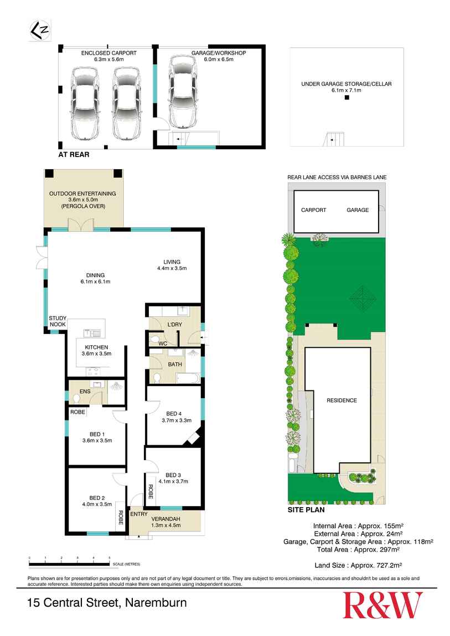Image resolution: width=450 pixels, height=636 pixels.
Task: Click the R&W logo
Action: (x=382, y=605)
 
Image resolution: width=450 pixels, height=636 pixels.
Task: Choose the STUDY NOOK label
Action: (x=58, y=321)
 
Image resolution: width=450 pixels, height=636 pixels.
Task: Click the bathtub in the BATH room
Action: (x=187, y=378)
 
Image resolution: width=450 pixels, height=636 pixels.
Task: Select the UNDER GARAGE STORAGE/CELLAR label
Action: (x=346, y=87)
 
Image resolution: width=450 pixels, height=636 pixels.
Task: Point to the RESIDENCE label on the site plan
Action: (x=342, y=400)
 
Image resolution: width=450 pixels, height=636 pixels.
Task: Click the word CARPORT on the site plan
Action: (x=313, y=210)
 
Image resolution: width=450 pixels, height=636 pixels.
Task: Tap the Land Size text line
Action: (x=358, y=565)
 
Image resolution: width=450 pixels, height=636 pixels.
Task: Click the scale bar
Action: (x=69, y=564)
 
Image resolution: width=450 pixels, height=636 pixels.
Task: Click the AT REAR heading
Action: (x=74, y=155)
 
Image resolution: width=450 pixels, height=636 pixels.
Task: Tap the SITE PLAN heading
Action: (x=306, y=510)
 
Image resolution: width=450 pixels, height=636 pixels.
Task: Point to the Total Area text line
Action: (x=358, y=550)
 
